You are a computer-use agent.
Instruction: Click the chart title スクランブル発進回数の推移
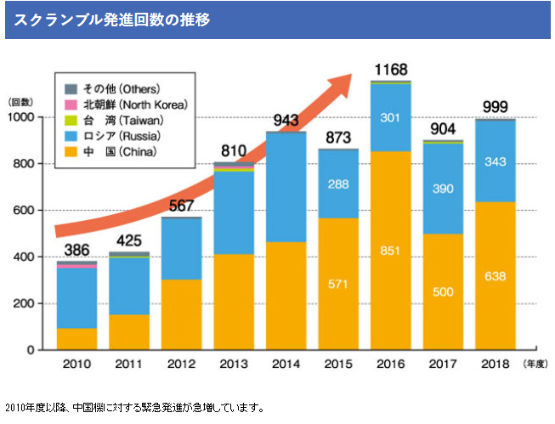click(x=111, y=18)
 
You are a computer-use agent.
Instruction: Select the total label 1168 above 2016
click(x=390, y=69)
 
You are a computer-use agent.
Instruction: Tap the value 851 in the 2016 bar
click(x=390, y=252)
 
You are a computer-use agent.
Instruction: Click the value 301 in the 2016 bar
click(x=390, y=118)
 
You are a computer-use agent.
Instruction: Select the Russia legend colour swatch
click(x=71, y=136)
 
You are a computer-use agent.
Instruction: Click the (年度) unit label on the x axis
click(x=533, y=365)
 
